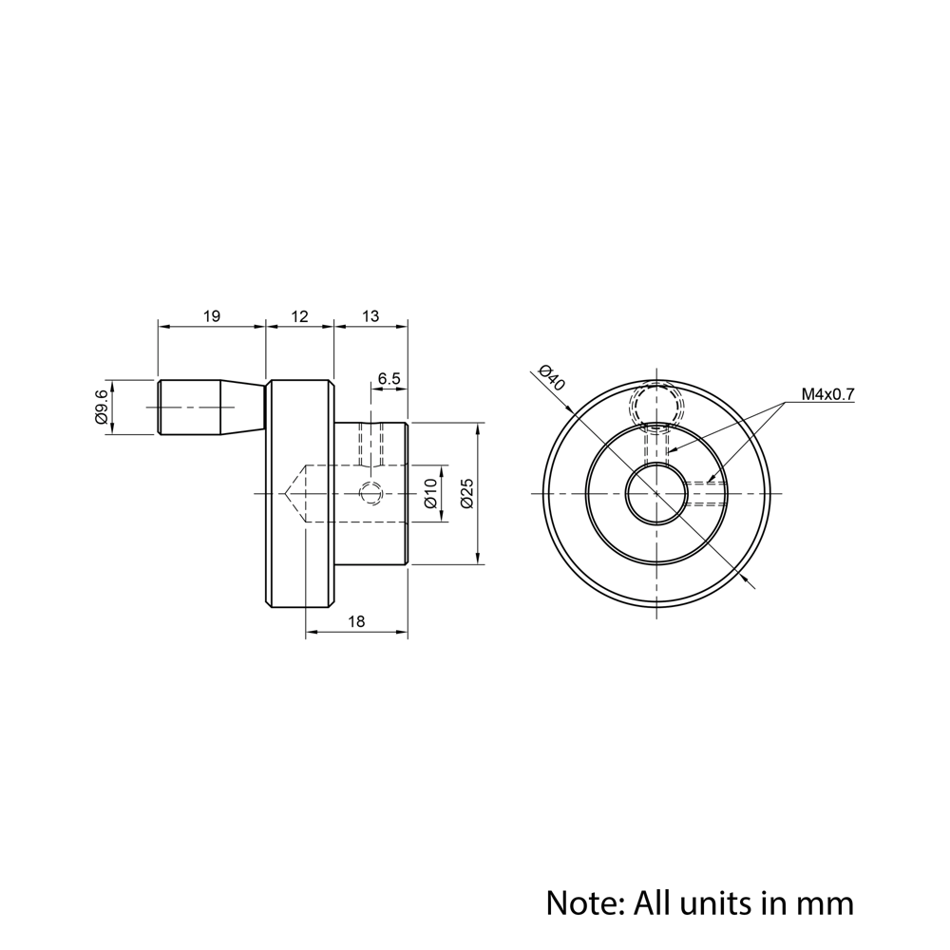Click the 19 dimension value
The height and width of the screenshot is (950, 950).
[211, 316]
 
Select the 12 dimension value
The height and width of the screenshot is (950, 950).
[299, 316]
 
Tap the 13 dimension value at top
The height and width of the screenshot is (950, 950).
[370, 316]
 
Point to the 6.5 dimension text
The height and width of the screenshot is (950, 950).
[389, 378]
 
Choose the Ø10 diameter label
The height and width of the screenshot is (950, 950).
[429, 493]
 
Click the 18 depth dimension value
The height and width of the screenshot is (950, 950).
[356, 621]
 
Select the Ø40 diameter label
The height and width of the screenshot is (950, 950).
[551, 377]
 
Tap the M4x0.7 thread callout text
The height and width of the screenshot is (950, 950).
[827, 393]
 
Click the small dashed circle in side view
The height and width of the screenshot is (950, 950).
[370, 493]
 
